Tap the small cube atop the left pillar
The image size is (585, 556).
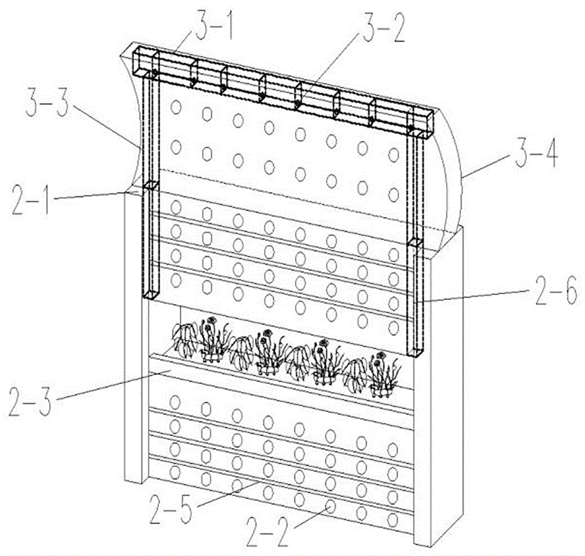point(150,187)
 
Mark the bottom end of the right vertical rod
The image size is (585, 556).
point(415,351)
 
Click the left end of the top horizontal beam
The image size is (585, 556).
point(140,61)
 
